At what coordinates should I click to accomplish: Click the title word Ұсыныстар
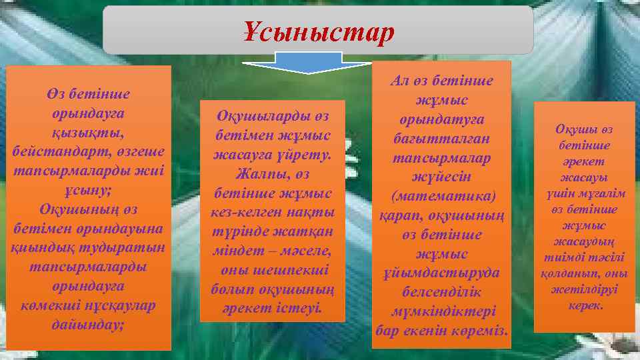pos(319,31)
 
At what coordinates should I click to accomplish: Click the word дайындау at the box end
pos(86,325)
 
